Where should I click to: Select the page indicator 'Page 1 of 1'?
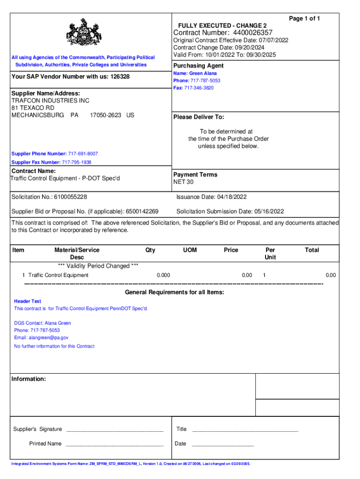[x=304, y=19]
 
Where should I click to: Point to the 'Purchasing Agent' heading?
[x=198, y=65]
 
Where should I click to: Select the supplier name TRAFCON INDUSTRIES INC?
[x=50, y=101]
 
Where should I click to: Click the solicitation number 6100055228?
[x=70, y=197]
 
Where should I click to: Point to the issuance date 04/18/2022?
[x=230, y=197]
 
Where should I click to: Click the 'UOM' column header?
[x=190, y=250]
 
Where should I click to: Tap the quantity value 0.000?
[x=163, y=275]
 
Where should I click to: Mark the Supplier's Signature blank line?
[x=115, y=430]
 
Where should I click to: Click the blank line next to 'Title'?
[x=245, y=430]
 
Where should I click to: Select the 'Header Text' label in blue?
[x=28, y=301]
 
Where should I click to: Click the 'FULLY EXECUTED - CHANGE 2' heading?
[x=222, y=25]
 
